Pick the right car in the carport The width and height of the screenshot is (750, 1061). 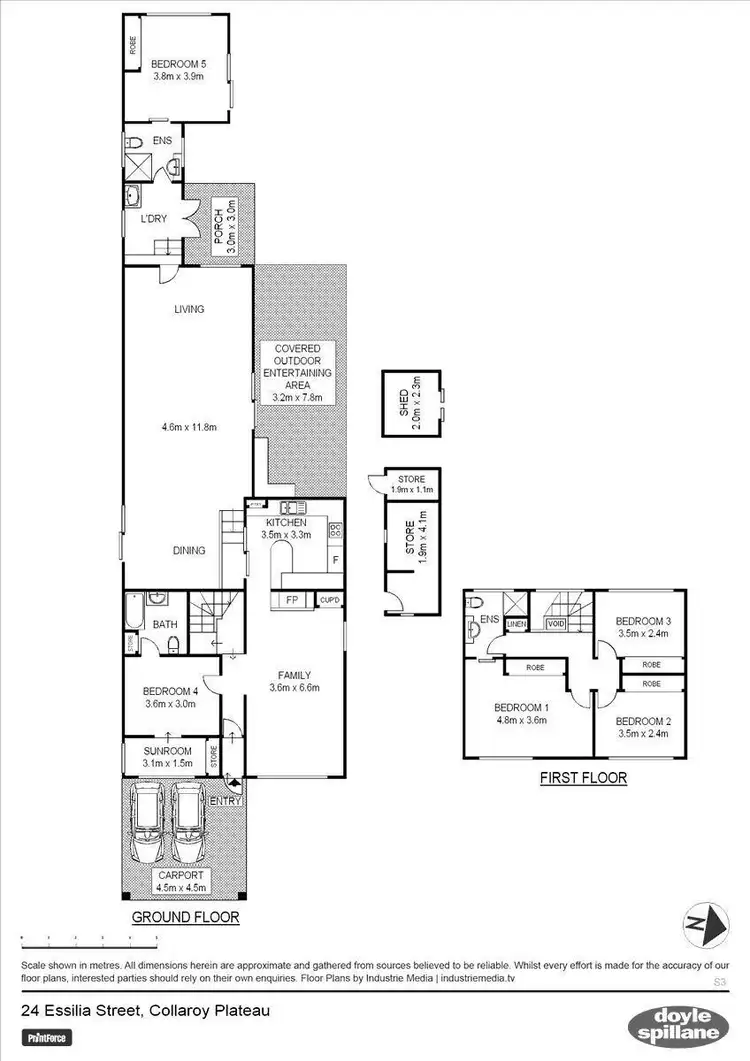point(189,826)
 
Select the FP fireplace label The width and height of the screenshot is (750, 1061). point(293,600)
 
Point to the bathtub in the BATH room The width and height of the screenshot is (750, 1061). point(134,611)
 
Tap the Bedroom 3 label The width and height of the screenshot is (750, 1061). point(641,619)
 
